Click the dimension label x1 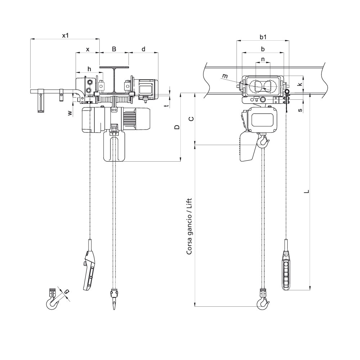[x=65, y=35]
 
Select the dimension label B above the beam [x=114, y=49]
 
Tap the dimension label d [x=143, y=49]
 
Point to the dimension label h [x=89, y=68]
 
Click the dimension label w [x=70, y=113]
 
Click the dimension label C [x=192, y=118]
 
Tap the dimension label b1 [x=263, y=37]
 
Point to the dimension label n [x=263, y=59]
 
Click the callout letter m [x=225, y=76]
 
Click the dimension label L [x=306, y=192]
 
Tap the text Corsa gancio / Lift [x=189, y=227]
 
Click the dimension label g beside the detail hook [x=67, y=292]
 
